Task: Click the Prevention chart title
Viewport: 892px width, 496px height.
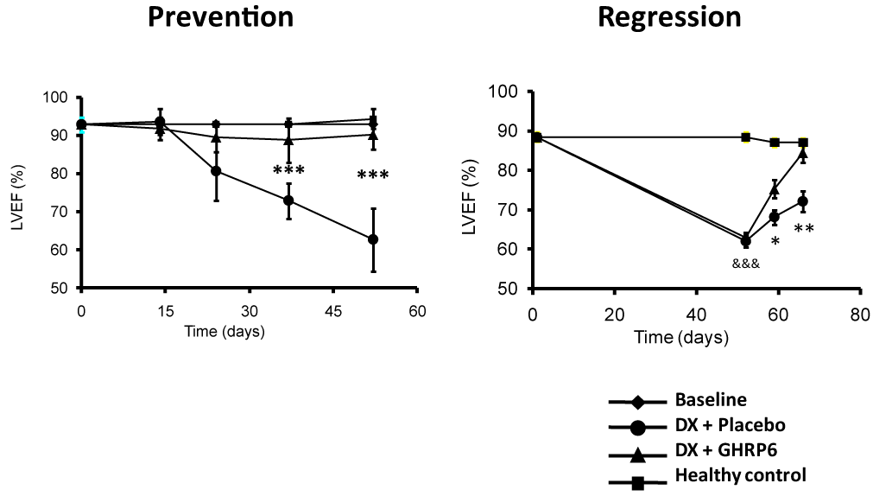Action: [221, 17]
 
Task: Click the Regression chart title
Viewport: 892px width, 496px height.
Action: [669, 17]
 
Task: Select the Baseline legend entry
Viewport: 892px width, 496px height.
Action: [678, 400]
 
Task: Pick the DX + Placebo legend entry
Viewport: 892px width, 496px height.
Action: [697, 425]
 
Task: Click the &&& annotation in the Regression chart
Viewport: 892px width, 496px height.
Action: [746, 264]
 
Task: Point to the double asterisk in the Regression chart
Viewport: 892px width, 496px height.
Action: [804, 230]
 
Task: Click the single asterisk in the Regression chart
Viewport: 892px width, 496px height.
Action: [775, 241]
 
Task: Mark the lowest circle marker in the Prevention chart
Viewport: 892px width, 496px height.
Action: [373, 239]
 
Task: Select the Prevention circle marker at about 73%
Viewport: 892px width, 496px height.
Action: [288, 200]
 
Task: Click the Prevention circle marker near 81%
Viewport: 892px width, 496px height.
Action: [216, 171]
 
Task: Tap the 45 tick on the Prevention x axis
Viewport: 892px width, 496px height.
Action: [333, 311]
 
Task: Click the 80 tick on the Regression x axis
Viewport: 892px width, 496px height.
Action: [860, 315]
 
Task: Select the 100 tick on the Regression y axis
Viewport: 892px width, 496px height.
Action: [503, 92]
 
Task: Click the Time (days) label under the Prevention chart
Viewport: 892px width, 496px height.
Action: [225, 332]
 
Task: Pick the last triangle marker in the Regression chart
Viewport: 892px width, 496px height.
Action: [803, 153]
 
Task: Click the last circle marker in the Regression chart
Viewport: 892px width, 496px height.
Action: [803, 201]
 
